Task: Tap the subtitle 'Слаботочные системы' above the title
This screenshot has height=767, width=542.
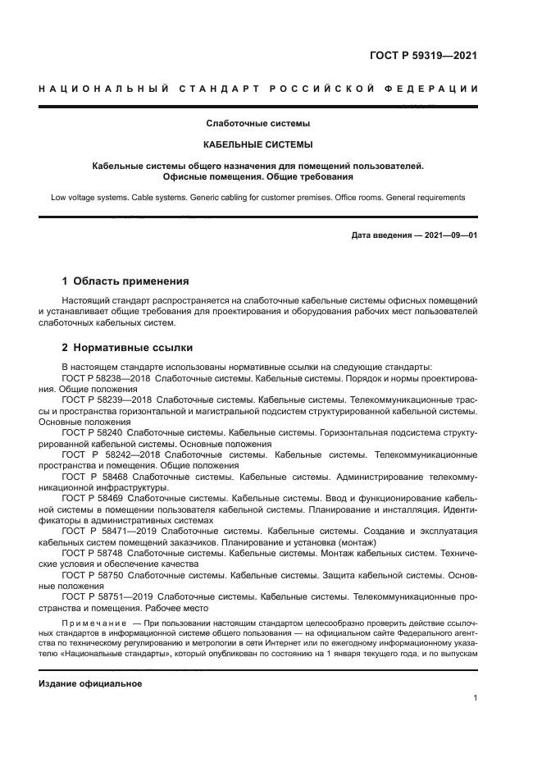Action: [x=257, y=124]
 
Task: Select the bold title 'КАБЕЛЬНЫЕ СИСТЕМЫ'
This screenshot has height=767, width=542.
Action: [x=257, y=145]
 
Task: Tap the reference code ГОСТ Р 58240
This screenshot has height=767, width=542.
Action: [x=92, y=431]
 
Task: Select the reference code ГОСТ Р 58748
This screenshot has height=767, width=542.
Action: [x=92, y=554]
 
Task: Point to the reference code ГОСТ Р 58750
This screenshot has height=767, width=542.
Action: [x=92, y=576]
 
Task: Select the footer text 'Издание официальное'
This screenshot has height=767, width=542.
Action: [x=90, y=683]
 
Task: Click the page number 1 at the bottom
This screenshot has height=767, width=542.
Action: [x=475, y=698]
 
